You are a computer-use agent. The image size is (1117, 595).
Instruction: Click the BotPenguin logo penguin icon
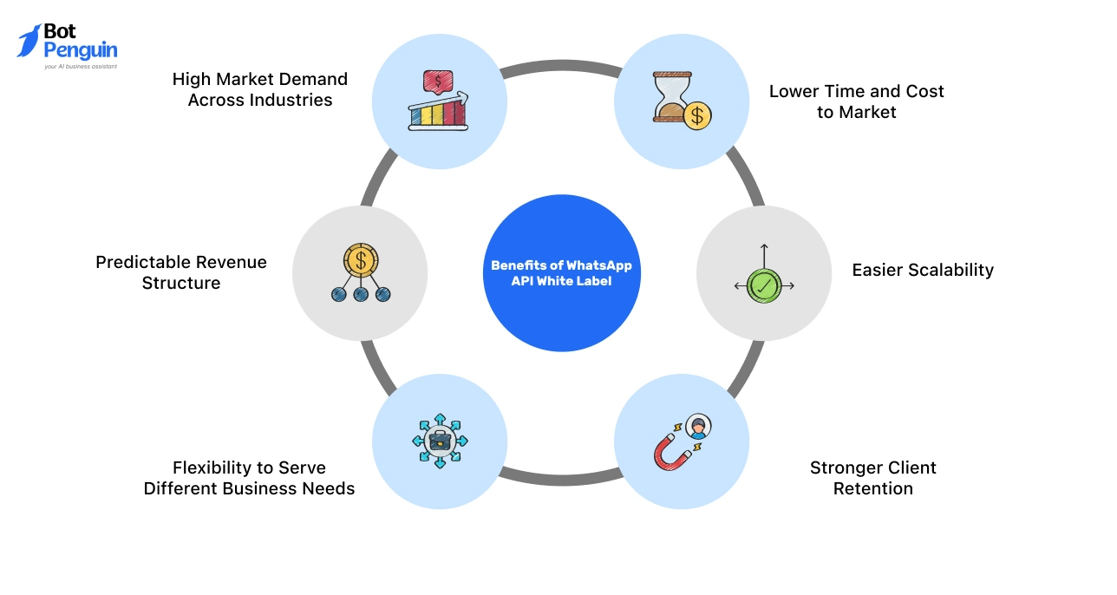(29, 41)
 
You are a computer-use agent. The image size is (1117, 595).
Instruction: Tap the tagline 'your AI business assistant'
(81, 66)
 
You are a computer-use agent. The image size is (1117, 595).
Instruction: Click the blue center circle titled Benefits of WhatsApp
(561, 273)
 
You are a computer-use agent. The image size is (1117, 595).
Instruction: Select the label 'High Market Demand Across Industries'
(259, 89)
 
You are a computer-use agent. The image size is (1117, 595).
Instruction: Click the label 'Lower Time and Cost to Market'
(856, 101)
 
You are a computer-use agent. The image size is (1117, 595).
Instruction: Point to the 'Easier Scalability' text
(922, 270)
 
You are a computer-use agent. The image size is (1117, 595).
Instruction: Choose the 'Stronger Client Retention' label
(872, 478)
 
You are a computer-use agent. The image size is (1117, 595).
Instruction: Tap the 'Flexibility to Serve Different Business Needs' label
(249, 478)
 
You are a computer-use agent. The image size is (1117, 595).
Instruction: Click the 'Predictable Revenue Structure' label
(181, 272)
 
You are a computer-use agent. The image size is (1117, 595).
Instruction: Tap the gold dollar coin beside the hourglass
(696, 115)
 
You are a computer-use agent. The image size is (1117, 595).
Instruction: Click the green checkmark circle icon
(764, 285)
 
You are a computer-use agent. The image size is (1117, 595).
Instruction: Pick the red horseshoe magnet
(670, 453)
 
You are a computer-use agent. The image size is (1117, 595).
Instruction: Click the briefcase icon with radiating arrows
(440, 441)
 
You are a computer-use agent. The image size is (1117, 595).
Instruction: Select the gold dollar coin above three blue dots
(360, 258)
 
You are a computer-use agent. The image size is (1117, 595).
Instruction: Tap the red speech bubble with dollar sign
(438, 82)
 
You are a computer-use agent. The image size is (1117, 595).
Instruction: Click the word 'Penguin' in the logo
(80, 50)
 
